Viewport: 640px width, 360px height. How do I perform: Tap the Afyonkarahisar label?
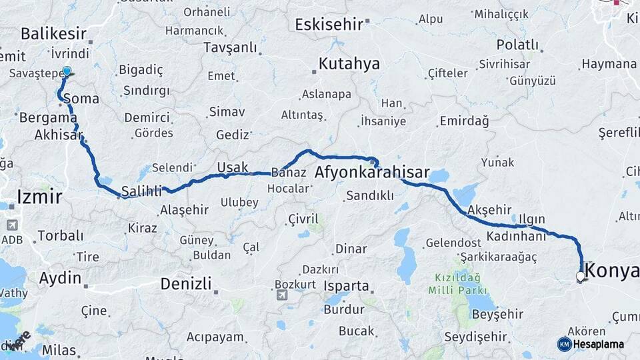[x=371, y=172]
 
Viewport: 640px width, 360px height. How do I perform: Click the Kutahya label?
[x=349, y=64]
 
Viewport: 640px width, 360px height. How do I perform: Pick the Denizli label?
[x=186, y=283]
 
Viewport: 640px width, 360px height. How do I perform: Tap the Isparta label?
[x=346, y=286]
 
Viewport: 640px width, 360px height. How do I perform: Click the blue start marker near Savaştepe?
[x=67, y=71]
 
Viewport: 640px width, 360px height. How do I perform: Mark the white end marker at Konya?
[x=581, y=276]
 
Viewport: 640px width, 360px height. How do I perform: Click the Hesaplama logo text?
[x=598, y=344]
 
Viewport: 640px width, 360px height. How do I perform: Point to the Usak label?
[x=233, y=167]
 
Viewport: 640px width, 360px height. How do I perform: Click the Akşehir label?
[x=489, y=209]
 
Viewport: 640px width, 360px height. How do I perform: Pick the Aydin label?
[x=60, y=278]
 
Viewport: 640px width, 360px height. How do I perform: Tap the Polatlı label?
[x=517, y=45]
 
